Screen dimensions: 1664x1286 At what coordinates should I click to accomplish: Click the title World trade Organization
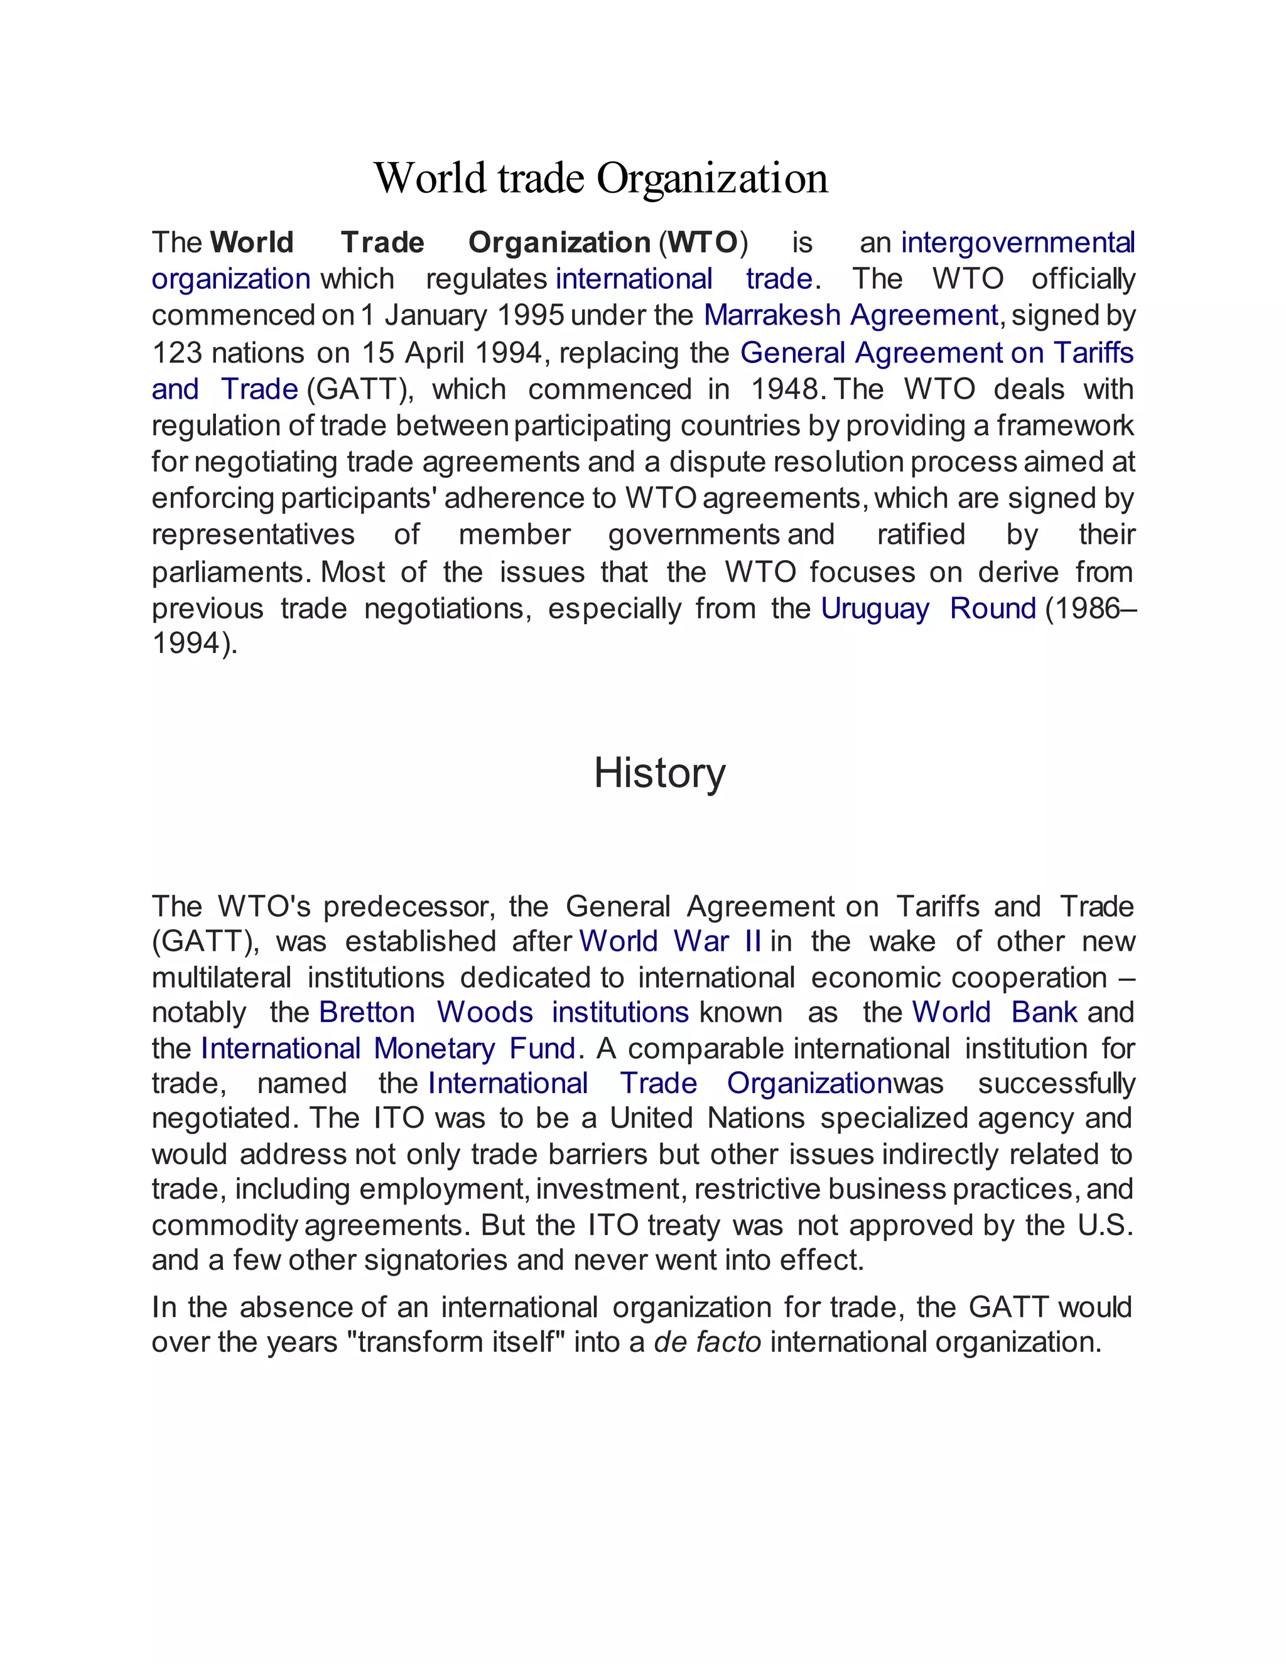(600, 178)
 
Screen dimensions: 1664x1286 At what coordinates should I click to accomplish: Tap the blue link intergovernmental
(1018, 242)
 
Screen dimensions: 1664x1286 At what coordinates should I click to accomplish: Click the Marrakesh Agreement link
(850, 315)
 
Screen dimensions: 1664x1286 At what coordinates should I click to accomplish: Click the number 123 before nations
(176, 353)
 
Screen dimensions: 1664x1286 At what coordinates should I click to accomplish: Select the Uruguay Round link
(928, 608)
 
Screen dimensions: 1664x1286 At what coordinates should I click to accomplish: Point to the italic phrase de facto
(708, 1342)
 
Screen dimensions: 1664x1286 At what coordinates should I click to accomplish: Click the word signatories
(436, 1260)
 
